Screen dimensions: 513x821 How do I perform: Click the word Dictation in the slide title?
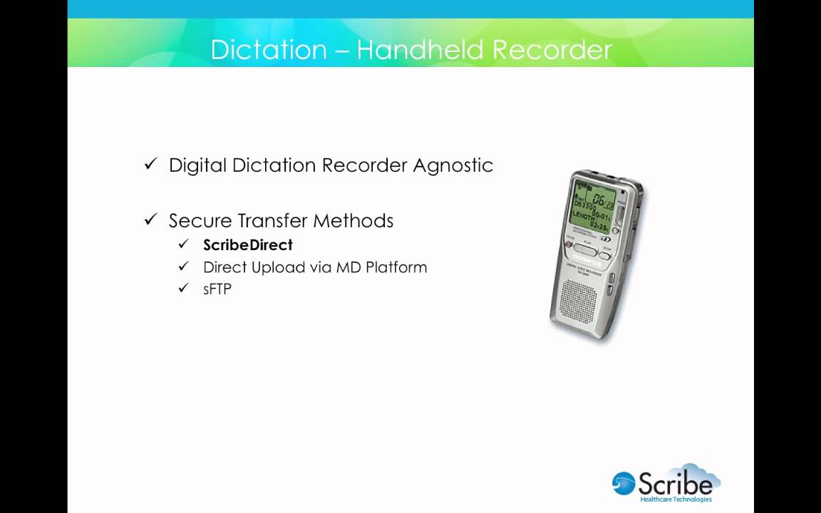(268, 50)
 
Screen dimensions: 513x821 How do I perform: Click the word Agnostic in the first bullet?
(453, 165)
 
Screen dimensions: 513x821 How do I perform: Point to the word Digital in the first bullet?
(196, 165)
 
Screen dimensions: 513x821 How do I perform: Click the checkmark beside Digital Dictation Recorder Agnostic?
(150, 164)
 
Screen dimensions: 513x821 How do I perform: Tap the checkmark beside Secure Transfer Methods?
(150, 219)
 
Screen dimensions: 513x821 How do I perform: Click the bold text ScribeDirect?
(247, 245)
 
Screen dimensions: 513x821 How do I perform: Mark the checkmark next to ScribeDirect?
(184, 244)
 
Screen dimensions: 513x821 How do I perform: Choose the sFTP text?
(217, 289)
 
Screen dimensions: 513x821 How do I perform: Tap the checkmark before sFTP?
(184, 288)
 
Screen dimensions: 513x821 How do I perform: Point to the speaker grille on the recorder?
(579, 299)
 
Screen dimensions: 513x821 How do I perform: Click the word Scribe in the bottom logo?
(674, 484)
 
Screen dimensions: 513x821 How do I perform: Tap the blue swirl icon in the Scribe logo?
(624, 483)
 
